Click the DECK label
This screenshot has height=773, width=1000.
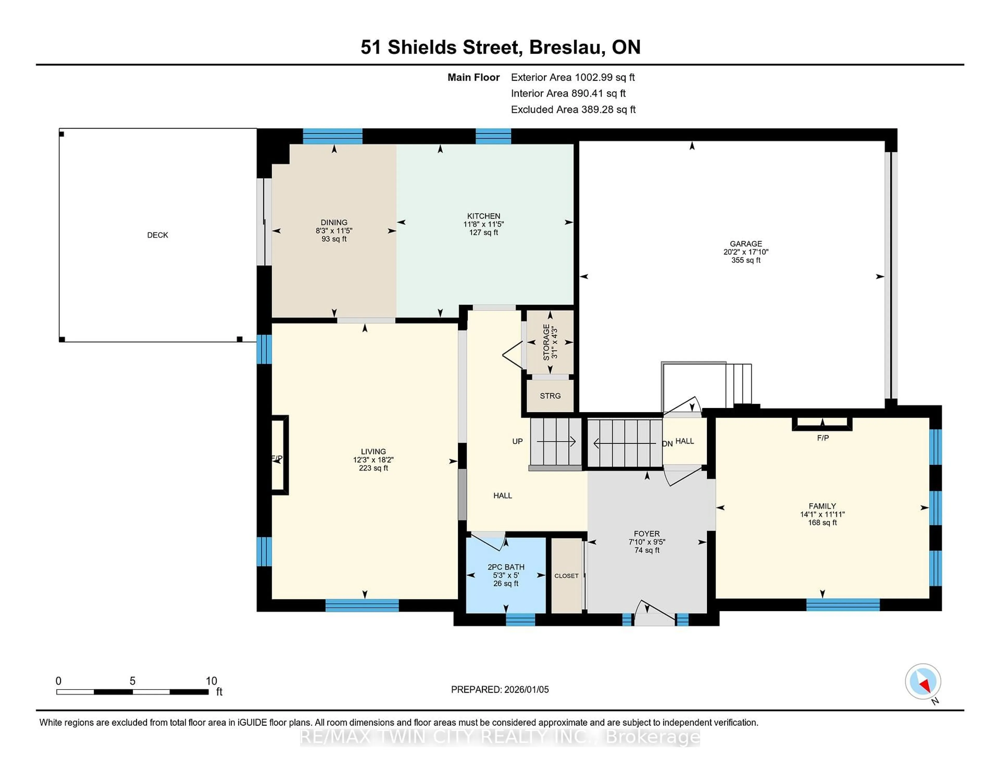pyautogui.click(x=158, y=235)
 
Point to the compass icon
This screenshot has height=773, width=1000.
pyautogui.click(x=923, y=681)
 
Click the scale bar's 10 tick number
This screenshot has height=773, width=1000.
pyautogui.click(x=211, y=681)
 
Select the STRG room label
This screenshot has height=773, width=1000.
pyautogui.click(x=550, y=396)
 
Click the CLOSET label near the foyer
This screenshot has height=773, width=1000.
pyautogui.click(x=566, y=576)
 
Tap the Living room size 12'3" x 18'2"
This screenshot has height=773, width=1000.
pyautogui.click(x=373, y=460)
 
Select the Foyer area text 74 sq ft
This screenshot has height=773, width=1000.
pyautogui.click(x=647, y=550)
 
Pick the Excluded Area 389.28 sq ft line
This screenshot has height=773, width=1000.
pyautogui.click(x=573, y=109)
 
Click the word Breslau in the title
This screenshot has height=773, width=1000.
pyautogui.click(x=562, y=47)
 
